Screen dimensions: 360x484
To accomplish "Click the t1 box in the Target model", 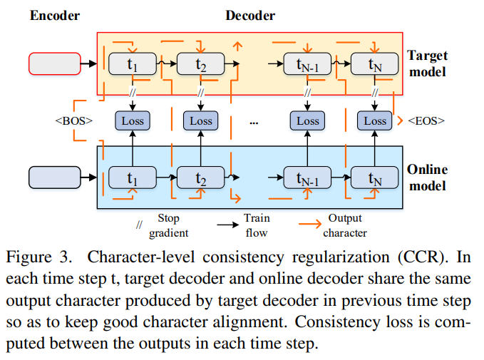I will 132,64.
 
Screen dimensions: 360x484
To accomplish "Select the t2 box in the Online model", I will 201,177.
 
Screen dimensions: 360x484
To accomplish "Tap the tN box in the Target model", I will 375,64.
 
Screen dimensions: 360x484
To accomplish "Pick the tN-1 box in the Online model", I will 307,177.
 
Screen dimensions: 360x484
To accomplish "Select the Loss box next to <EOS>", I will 375,120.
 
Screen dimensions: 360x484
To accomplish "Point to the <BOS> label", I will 74,121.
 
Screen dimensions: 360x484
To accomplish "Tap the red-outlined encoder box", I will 53,64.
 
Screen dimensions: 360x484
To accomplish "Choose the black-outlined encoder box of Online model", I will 53,177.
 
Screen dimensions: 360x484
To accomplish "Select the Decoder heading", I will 250,15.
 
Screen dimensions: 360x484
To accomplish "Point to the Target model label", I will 426,63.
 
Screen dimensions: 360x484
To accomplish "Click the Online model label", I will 426,178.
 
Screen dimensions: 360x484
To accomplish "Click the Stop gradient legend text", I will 168,225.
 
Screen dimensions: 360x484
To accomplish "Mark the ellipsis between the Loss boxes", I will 253,122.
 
